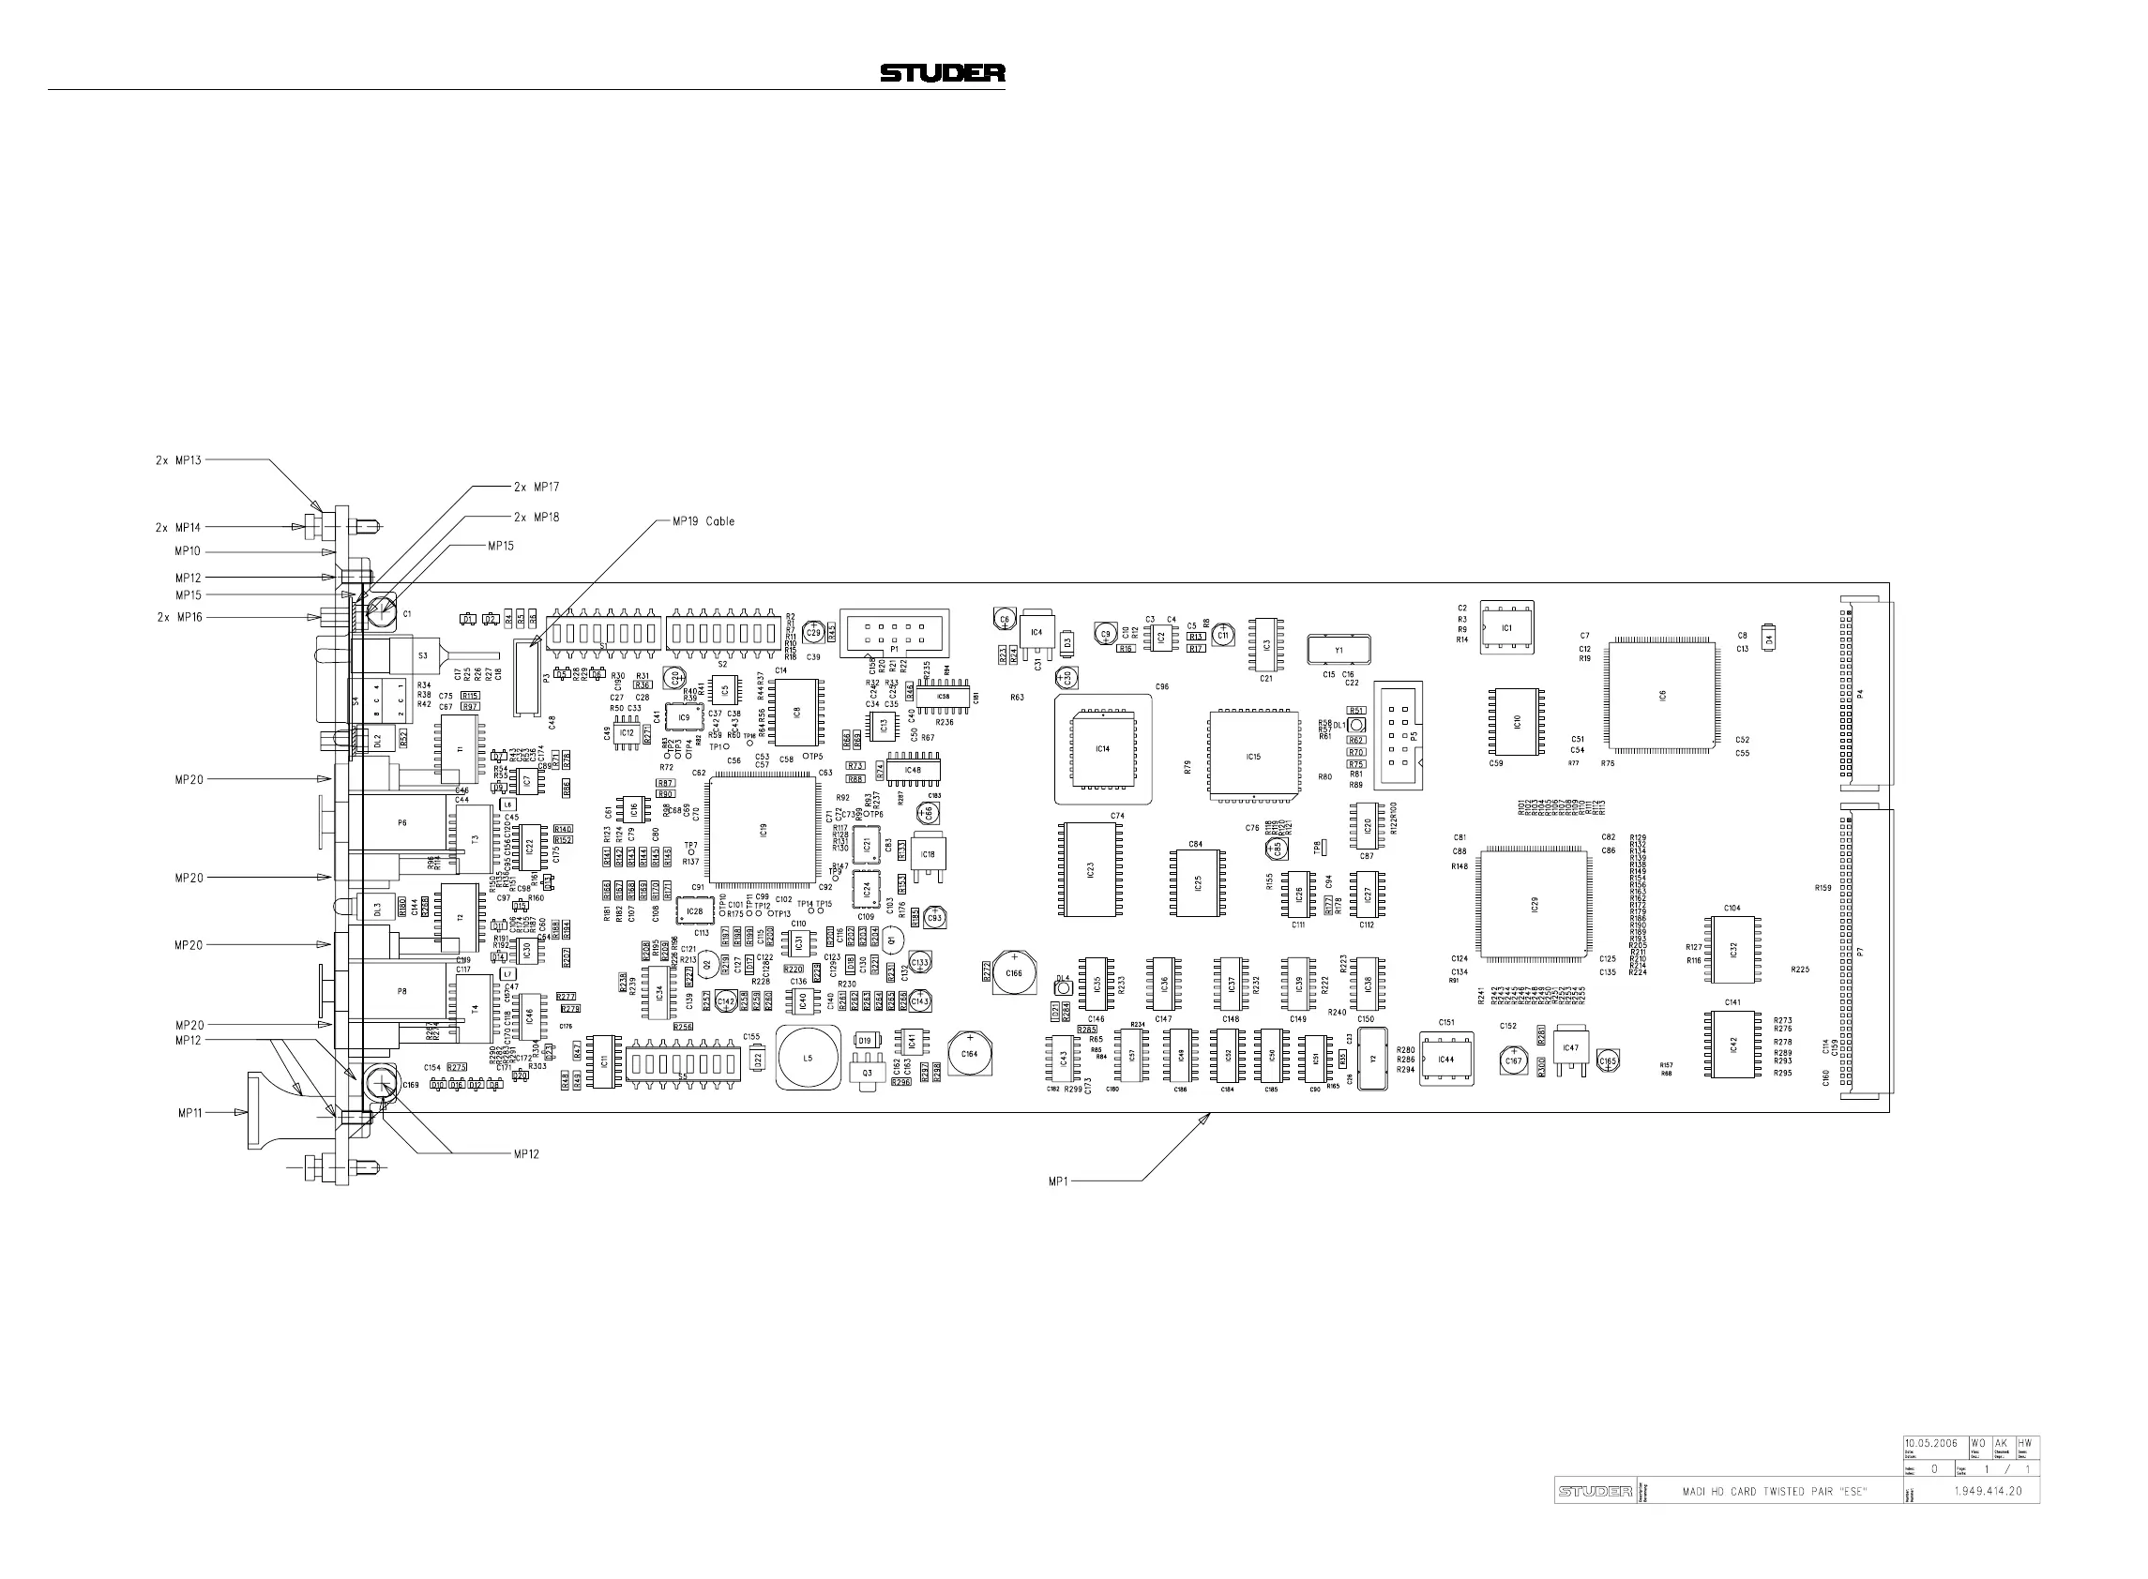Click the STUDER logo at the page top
(942, 72)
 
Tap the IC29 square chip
(1534, 903)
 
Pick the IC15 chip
(1253, 756)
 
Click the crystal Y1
(1339, 650)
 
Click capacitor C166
(1013, 973)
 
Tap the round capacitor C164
(970, 1053)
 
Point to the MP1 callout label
(1057, 1181)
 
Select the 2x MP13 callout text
(178, 459)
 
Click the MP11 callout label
(189, 1113)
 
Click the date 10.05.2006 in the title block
(1931, 1470)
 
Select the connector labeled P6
(401, 823)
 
